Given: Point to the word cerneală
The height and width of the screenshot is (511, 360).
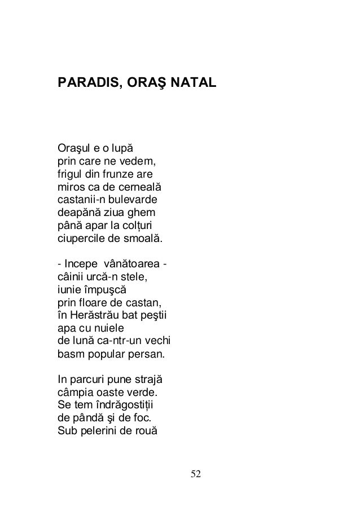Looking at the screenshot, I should [x=133, y=187].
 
